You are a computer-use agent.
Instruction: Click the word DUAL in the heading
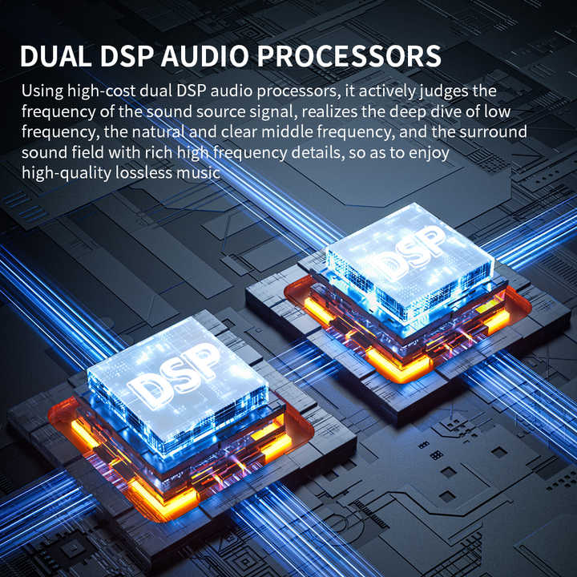(x=55, y=56)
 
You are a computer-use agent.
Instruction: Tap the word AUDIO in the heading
(x=204, y=56)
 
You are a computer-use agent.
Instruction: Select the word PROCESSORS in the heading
(x=349, y=56)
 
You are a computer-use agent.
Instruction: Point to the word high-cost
(x=101, y=91)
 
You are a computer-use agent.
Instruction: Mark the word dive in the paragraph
(x=446, y=111)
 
